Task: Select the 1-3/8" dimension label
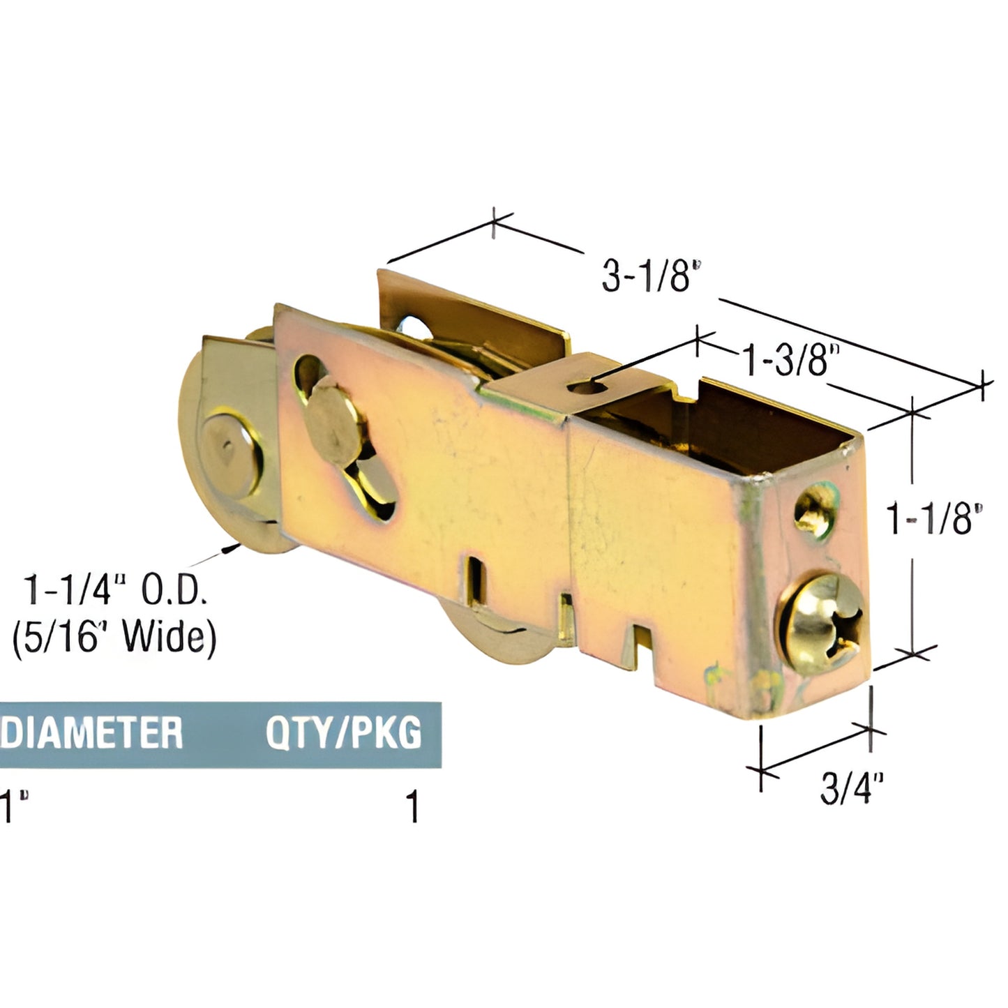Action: pyautogui.click(x=787, y=361)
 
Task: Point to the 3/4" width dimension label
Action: pyautogui.click(x=852, y=788)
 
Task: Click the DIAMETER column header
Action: pyautogui.click(x=91, y=732)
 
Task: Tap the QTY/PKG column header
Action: pyautogui.click(x=343, y=732)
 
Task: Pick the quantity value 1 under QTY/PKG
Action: pyautogui.click(x=414, y=806)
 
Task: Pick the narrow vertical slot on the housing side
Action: pyautogui.click(x=475, y=578)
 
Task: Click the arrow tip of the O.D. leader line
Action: pyautogui.click(x=227, y=551)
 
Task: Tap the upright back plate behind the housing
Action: pyautogui.click(x=474, y=314)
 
